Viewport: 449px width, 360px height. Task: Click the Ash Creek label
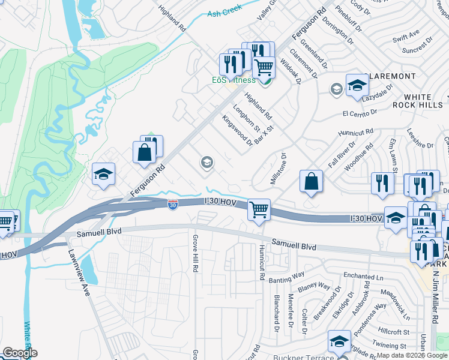pyautogui.click(x=224, y=11)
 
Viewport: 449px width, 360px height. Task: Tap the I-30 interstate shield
pyautogui.click(x=172, y=205)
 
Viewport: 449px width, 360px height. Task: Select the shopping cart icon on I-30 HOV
pyautogui.click(x=259, y=210)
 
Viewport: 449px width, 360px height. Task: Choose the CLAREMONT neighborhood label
pyautogui.click(x=390, y=76)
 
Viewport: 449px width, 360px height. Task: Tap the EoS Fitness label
pyautogui.click(x=234, y=80)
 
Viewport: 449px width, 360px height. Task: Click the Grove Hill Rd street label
pyautogui.click(x=195, y=253)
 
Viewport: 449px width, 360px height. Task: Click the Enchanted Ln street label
pyautogui.click(x=363, y=276)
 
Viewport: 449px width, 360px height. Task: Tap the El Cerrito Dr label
pyautogui.click(x=360, y=112)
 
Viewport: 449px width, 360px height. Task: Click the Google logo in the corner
pyautogui.click(x=20, y=353)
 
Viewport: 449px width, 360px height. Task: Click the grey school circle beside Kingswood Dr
pyautogui.click(x=207, y=162)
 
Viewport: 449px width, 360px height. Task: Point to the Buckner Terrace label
pyautogui.click(x=298, y=358)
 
